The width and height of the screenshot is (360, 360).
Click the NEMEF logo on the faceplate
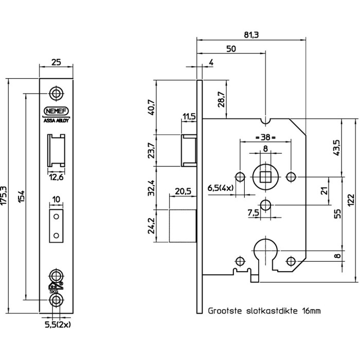point(56,111)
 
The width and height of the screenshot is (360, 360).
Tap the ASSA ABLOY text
point(56,120)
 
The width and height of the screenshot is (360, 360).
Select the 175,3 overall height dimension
point(4,195)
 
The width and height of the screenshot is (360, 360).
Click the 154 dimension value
point(21,196)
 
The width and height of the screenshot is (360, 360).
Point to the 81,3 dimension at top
point(251,35)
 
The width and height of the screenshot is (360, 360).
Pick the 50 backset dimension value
point(231,49)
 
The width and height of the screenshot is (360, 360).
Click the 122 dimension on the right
point(351,201)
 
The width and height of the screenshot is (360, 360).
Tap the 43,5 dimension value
point(337,148)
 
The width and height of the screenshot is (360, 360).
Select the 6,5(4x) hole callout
point(221,188)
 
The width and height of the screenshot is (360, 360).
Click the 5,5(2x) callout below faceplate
point(58,325)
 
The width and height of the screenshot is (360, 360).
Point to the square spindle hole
point(266,177)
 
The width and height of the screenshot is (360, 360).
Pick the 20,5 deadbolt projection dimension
point(183,191)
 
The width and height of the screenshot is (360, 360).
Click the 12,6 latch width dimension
point(56,177)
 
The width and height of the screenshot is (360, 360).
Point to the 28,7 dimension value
point(221,99)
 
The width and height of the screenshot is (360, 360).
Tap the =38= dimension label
point(265,137)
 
